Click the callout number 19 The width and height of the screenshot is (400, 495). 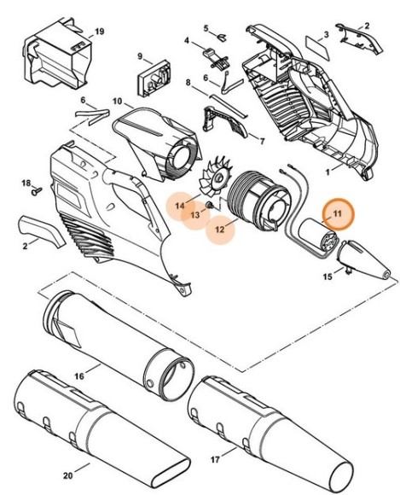coord(99,32)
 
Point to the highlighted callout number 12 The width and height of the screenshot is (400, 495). coord(220,230)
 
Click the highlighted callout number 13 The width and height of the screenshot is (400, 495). coord(195,215)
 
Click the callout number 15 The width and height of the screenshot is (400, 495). coord(328,277)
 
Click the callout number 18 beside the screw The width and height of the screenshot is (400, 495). coord(26,182)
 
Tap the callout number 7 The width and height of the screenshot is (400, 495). coord(262,141)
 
